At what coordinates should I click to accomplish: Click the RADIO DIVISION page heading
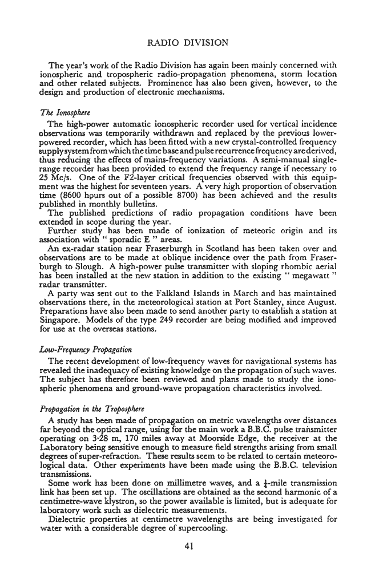click(x=188, y=43)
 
